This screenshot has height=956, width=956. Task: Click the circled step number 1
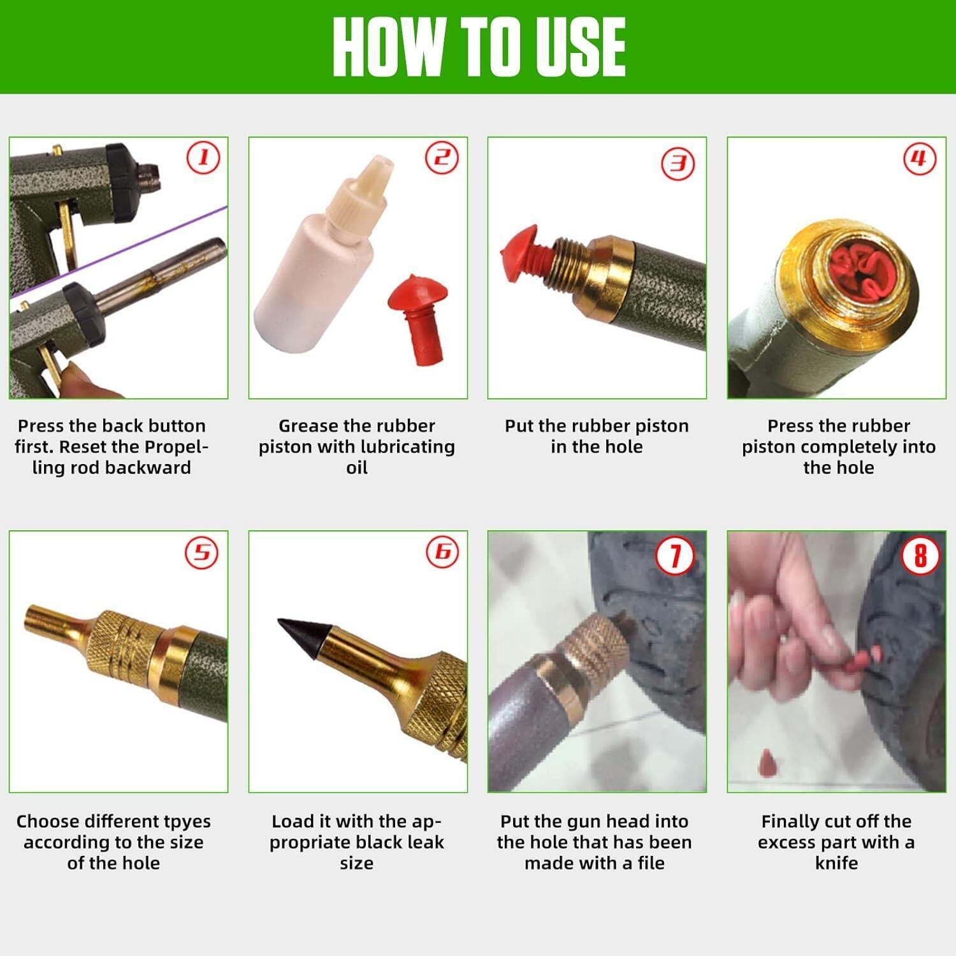point(203,157)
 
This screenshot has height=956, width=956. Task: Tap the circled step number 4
point(920,158)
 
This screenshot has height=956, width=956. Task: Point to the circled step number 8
point(920,554)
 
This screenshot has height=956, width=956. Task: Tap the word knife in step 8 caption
point(836,864)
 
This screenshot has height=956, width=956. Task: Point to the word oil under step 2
point(357,468)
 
